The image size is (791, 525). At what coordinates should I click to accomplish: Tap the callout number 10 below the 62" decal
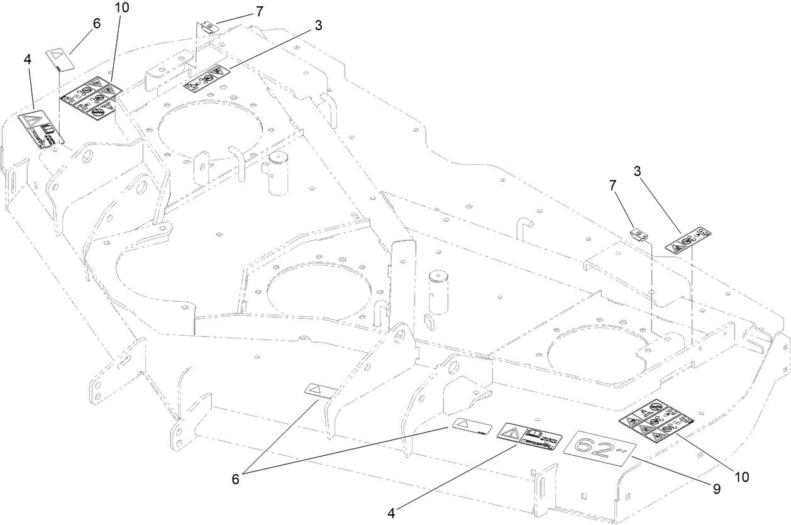click(x=742, y=477)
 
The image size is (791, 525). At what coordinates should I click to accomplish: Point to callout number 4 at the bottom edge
click(x=391, y=513)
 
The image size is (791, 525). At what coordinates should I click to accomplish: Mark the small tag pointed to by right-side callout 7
click(x=639, y=234)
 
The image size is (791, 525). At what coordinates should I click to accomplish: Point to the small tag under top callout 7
click(x=208, y=27)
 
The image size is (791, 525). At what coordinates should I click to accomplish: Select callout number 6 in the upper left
click(x=96, y=22)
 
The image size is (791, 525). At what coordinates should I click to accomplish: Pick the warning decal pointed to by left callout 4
click(x=42, y=130)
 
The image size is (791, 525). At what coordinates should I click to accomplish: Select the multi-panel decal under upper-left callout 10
click(x=91, y=98)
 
